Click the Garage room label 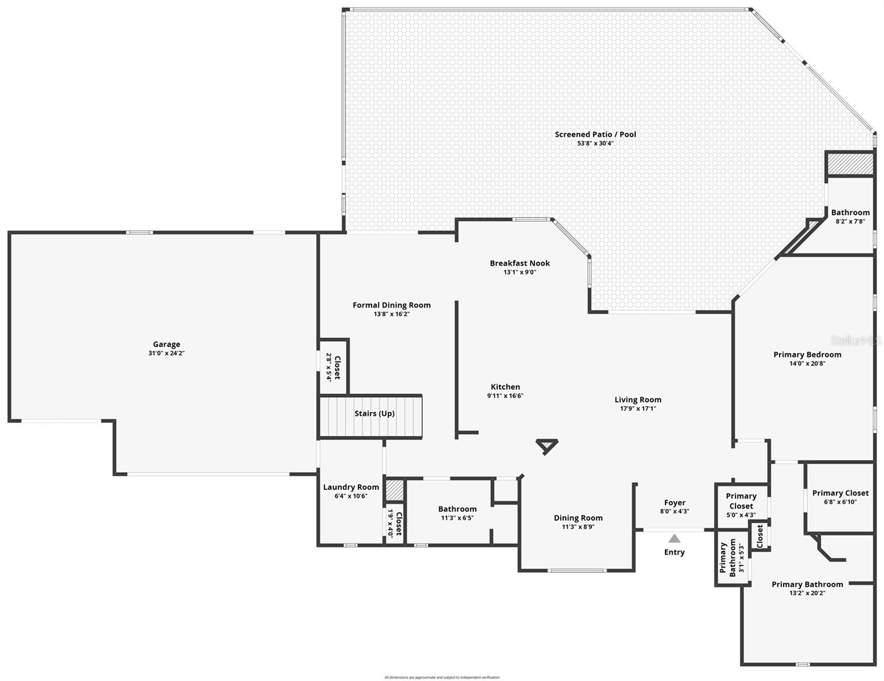166,344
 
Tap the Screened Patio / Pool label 595,134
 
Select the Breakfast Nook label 520,263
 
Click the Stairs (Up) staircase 372,416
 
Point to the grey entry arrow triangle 674,539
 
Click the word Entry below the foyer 674,552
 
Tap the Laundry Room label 351,487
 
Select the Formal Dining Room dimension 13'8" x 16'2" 392,314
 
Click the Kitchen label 505,387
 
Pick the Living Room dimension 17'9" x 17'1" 638,408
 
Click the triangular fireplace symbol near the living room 546,446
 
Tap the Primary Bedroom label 807,355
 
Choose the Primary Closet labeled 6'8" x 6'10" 840,497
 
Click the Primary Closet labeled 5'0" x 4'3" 741,505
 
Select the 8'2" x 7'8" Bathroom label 850,217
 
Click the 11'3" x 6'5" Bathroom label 457,513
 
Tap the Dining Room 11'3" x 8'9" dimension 578,527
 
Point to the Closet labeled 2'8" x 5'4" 333,367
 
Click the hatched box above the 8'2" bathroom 849,165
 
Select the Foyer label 675,503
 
